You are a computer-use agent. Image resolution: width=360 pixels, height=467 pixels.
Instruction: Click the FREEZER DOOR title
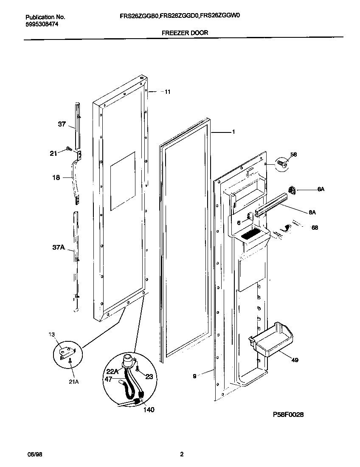(185, 32)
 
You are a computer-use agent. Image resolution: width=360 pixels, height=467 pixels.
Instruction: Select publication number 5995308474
(42, 24)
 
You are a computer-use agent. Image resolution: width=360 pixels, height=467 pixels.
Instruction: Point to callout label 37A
(59, 247)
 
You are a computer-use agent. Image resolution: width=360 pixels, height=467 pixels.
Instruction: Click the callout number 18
(56, 178)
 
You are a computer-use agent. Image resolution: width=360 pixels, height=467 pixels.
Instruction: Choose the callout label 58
(293, 154)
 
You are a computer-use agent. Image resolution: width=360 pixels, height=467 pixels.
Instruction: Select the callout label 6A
(321, 189)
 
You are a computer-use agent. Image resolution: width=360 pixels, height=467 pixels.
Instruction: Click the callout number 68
(315, 228)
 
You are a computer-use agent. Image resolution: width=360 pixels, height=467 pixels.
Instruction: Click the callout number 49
(295, 360)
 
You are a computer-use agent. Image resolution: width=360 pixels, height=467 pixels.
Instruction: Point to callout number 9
(194, 376)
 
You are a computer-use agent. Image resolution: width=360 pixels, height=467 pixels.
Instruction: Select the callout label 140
(149, 410)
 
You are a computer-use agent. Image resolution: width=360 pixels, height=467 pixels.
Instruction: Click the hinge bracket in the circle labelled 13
(67, 351)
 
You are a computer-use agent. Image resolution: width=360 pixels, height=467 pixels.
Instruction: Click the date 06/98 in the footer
(35, 454)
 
